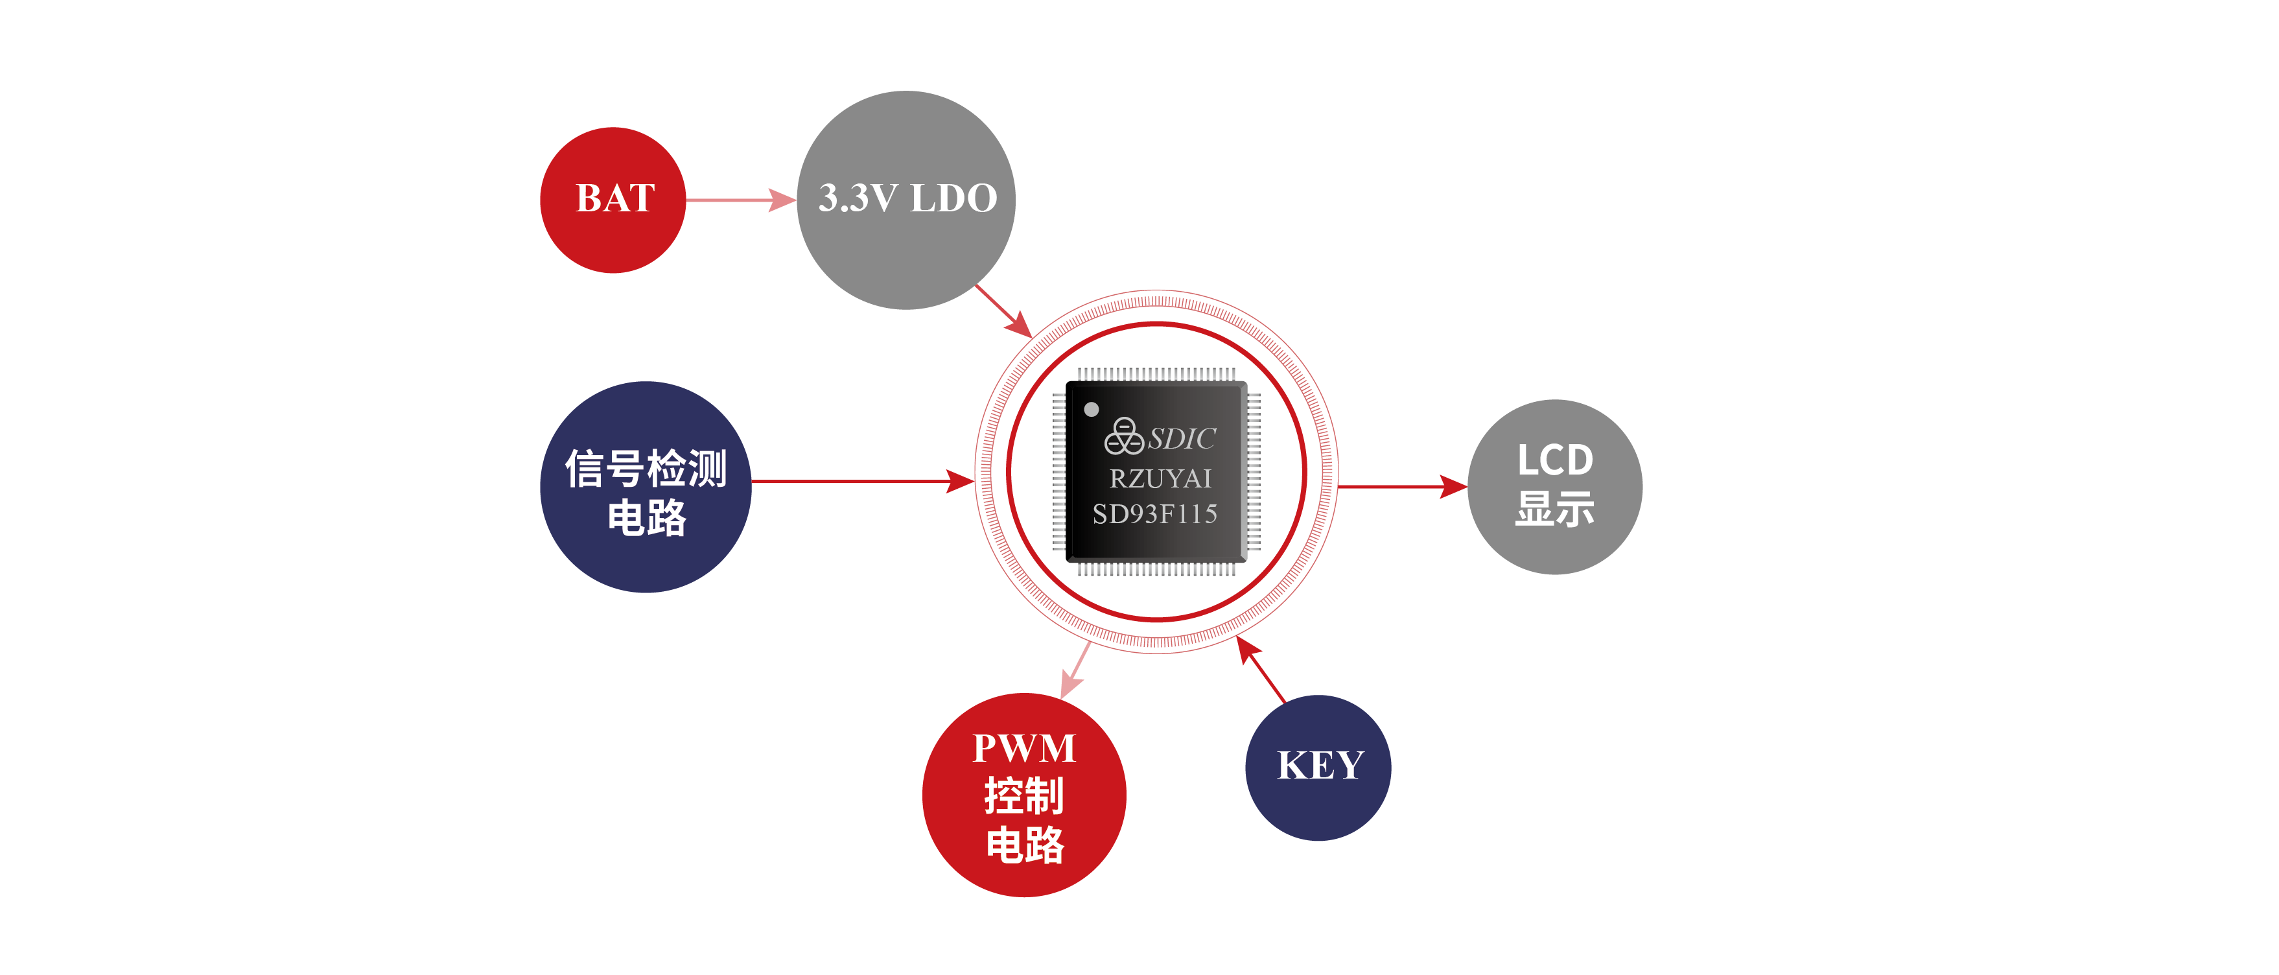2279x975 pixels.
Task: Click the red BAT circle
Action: click(613, 200)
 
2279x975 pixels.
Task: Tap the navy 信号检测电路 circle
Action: click(645, 487)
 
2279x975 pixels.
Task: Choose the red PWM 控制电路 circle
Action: click(1023, 795)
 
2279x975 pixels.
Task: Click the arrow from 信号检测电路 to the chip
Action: click(863, 481)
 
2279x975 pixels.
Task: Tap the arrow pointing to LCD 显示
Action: click(1402, 486)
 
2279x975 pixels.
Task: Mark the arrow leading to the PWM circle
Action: click(1076, 671)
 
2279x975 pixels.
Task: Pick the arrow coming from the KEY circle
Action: click(1261, 670)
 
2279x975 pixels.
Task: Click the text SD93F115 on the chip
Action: click(1154, 514)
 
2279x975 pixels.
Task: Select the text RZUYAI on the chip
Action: click(1160, 478)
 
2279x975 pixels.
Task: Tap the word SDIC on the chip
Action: click(1182, 439)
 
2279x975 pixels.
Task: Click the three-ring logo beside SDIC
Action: click(1123, 436)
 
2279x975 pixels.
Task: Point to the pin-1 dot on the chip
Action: click(1092, 409)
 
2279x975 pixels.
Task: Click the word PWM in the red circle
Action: click(1023, 749)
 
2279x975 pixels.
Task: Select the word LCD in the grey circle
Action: click(1554, 460)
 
